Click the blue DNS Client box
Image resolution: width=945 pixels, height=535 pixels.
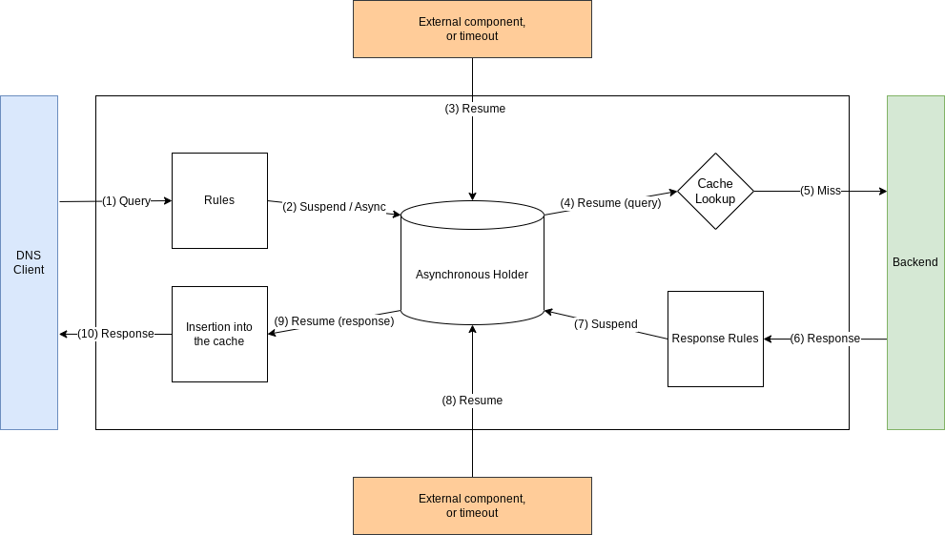tap(29, 262)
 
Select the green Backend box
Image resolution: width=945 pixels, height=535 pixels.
tap(915, 262)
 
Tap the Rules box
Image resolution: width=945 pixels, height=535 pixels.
tap(219, 200)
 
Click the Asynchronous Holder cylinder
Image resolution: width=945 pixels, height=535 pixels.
tap(472, 274)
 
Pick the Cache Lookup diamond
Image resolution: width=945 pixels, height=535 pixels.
tap(715, 191)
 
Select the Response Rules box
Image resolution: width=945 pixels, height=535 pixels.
tap(715, 339)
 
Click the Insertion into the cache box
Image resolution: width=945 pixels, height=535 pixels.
tap(219, 334)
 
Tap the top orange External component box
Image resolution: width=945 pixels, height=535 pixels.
tap(472, 29)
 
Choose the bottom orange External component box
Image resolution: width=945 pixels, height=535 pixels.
tap(472, 505)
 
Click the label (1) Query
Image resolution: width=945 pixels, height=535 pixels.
tap(126, 201)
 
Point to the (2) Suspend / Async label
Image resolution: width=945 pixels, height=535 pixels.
tap(334, 207)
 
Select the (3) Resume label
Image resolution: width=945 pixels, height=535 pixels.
tap(475, 109)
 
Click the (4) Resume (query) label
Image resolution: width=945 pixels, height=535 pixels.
tap(610, 203)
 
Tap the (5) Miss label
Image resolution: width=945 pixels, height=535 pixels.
tap(820, 191)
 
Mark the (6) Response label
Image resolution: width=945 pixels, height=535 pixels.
tap(825, 339)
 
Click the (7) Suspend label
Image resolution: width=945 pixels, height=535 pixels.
tap(606, 324)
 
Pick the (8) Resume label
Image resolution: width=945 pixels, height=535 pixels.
tap(472, 401)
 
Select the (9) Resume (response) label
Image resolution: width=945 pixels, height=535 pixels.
tap(334, 321)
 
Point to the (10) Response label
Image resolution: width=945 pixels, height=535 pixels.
tap(115, 334)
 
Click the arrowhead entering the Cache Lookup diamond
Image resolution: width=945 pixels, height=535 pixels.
tap(672, 192)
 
